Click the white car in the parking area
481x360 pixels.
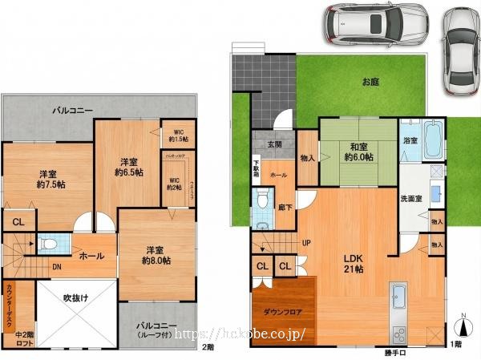375,25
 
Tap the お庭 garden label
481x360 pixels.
370,82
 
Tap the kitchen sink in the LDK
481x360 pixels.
398,301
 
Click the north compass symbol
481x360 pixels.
463,326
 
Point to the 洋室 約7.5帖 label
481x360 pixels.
48,180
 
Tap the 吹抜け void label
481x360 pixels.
77,297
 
